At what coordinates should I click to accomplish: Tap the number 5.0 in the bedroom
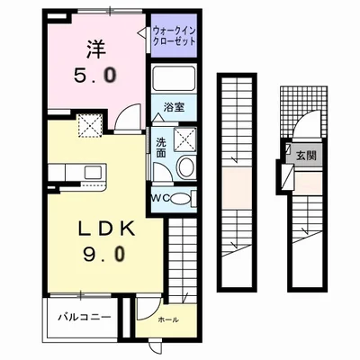pyautogui.click(x=96, y=76)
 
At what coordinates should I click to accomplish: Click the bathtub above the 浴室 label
pyautogui.click(x=174, y=78)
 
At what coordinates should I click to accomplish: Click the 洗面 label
pyautogui.click(x=159, y=146)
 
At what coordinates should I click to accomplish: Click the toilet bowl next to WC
pyautogui.click(x=179, y=198)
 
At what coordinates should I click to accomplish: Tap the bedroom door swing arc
pyautogui.click(x=129, y=115)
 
